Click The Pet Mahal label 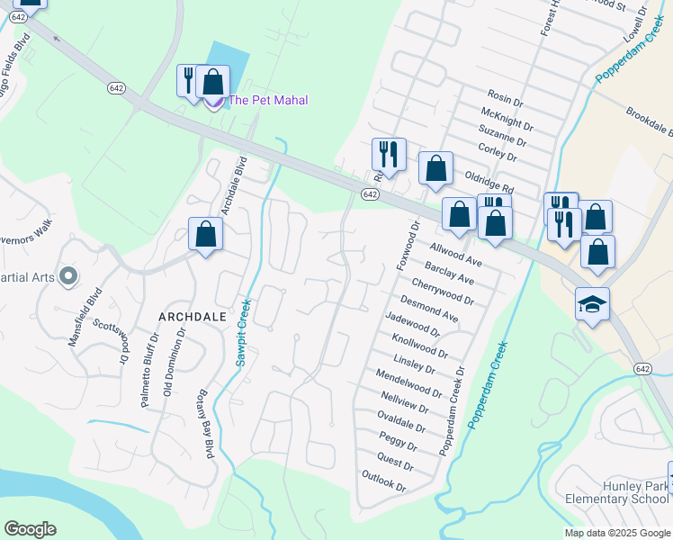point(268,100)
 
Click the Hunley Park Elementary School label point(616,492)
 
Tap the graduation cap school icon point(593,306)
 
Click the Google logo point(30,529)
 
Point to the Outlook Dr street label point(385,481)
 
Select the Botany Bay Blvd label point(203,424)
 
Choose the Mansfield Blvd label point(82,316)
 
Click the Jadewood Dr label point(412,324)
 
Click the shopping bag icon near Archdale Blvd point(205,234)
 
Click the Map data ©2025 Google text point(618,533)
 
